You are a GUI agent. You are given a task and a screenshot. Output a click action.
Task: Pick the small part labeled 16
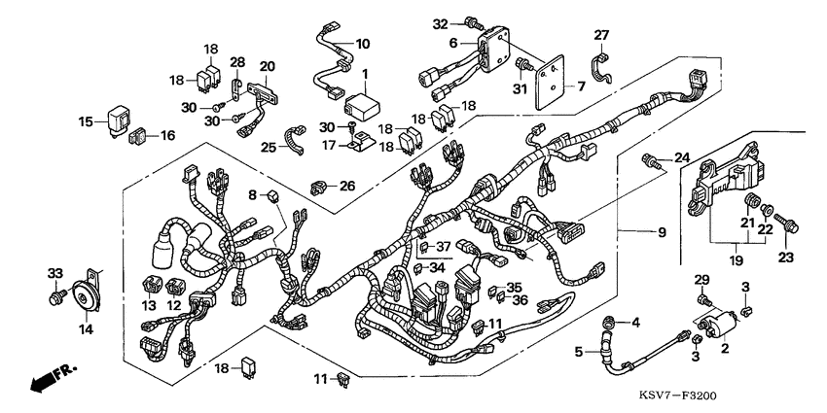(x=139, y=135)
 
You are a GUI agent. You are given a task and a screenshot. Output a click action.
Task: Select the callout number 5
(x=580, y=353)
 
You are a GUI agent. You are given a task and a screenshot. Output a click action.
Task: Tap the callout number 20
(x=267, y=66)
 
